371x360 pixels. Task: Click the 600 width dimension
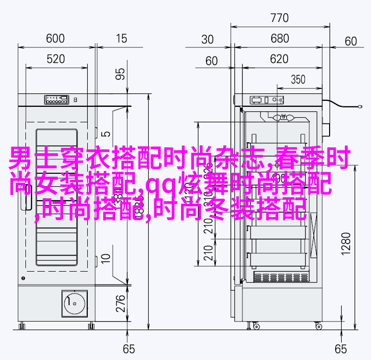click(55, 38)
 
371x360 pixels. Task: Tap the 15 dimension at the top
click(121, 38)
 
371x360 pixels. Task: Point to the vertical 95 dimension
click(120, 74)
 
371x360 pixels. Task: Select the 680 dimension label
click(279, 39)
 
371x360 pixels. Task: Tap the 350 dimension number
click(298, 79)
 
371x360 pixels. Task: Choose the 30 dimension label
click(208, 39)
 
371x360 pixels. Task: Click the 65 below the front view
click(129, 349)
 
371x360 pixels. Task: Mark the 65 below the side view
click(341, 349)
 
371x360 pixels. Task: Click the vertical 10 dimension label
click(106, 258)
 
